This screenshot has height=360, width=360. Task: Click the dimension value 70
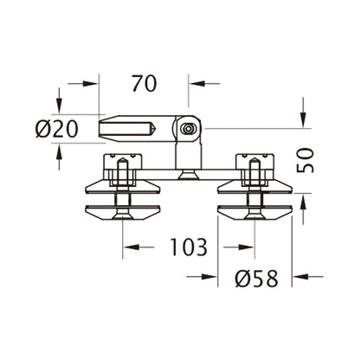(x=144, y=84)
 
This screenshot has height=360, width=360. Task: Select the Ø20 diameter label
(x=57, y=130)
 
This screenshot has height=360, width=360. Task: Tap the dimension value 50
(x=305, y=159)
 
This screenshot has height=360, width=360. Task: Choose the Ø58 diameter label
(x=257, y=279)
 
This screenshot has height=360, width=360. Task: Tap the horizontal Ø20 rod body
(x=130, y=130)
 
